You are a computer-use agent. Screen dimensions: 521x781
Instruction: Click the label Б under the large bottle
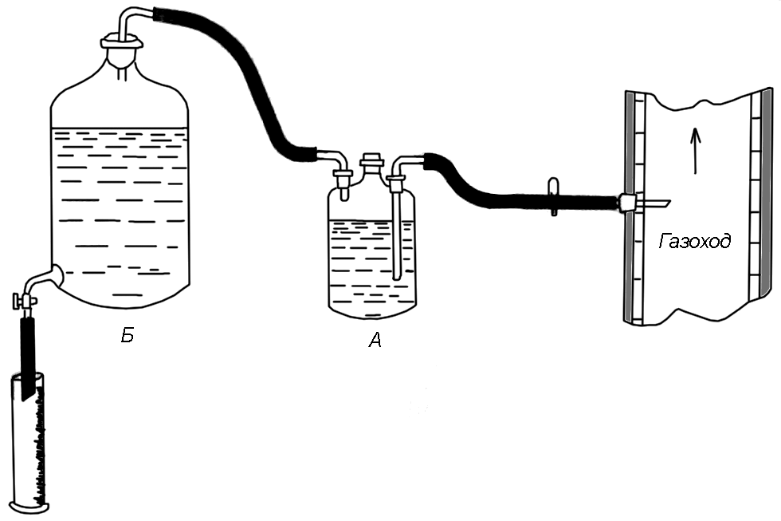click(x=127, y=336)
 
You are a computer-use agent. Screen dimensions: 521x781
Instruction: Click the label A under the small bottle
click(x=375, y=341)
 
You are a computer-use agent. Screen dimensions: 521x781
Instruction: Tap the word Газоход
click(x=694, y=241)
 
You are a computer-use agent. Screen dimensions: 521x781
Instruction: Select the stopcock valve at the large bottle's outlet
click(x=25, y=301)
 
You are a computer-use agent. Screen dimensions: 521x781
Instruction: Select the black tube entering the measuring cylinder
click(x=26, y=351)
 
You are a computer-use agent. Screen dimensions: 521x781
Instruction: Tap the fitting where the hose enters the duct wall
click(x=628, y=203)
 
